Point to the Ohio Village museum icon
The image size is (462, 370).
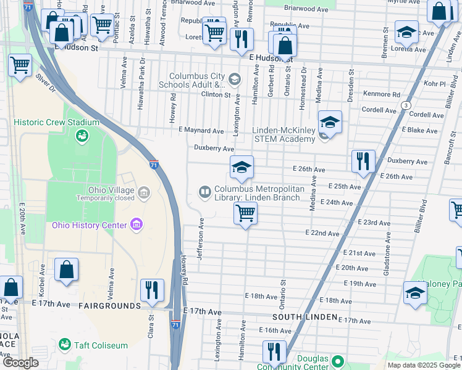[144, 194]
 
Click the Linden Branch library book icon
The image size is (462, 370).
[204, 193]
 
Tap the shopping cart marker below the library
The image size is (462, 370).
[245, 214]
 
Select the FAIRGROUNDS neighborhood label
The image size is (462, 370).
[103, 305]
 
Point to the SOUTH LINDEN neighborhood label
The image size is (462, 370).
[304, 316]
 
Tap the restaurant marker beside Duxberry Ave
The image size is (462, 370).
[363, 162]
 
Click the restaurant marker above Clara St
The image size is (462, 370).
[151, 290]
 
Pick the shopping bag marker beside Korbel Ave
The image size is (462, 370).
[66, 270]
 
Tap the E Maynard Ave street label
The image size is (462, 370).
[201, 131]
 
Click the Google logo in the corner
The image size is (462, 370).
[20, 363]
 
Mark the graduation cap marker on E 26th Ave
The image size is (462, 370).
[241, 167]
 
